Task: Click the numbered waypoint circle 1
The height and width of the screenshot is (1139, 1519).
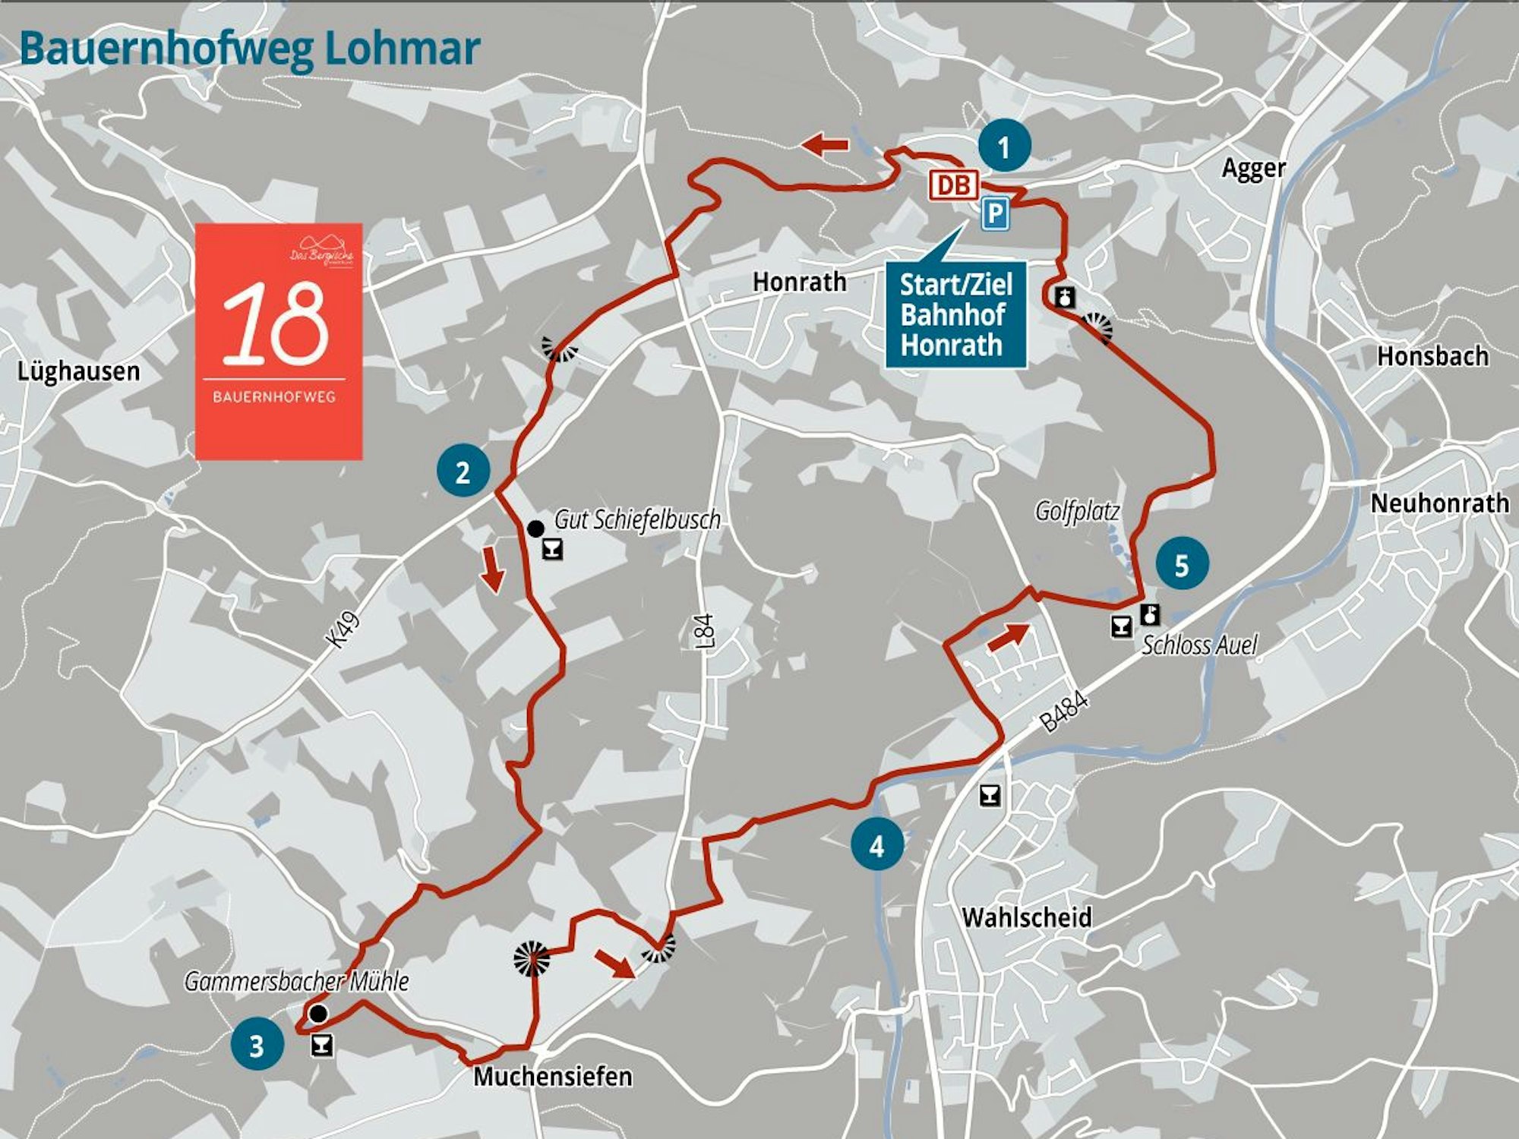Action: click(x=1004, y=147)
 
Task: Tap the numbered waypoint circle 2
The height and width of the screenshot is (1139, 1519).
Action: click(x=463, y=472)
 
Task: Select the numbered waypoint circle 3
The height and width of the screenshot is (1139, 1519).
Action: click(x=257, y=1045)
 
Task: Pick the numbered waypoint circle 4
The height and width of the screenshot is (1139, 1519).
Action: click(x=877, y=845)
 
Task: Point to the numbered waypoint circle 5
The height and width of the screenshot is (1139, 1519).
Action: click(x=1182, y=565)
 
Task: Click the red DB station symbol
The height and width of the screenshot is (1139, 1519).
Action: click(x=954, y=185)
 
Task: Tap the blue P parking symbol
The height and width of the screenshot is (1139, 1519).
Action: click(x=994, y=213)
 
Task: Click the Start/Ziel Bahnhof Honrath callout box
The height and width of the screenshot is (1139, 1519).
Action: click(x=955, y=315)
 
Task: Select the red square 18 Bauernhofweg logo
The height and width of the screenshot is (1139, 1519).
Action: click(x=278, y=341)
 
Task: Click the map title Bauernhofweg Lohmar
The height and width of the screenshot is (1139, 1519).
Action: click(x=250, y=49)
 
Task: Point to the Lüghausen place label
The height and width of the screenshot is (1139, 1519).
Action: click(x=78, y=371)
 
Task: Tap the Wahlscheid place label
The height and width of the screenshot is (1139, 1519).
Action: click(x=1027, y=917)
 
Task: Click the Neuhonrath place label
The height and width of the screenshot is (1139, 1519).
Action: click(x=1439, y=503)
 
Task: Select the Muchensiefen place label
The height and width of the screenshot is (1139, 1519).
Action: click(x=552, y=1076)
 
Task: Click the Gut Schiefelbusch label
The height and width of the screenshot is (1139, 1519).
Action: click(x=636, y=520)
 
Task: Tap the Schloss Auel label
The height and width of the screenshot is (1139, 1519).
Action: click(x=1199, y=645)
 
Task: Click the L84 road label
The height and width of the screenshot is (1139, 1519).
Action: click(x=705, y=630)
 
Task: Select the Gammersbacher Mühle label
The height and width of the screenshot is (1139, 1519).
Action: click(x=296, y=981)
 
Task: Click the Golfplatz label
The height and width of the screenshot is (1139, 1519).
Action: click(x=1077, y=511)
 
